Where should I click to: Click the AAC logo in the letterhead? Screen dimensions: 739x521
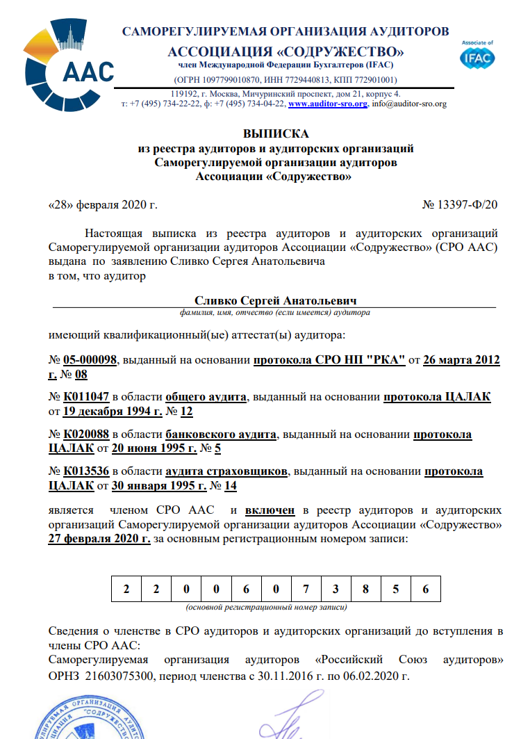(x=67, y=60)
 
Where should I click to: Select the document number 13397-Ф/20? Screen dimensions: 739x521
(x=466, y=206)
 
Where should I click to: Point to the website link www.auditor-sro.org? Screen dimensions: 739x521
(x=327, y=104)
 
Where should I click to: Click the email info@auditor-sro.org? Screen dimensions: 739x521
(x=409, y=104)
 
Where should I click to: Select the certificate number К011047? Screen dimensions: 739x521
(x=86, y=397)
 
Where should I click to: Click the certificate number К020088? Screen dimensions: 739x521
(x=86, y=435)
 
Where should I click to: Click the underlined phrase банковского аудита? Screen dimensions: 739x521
(x=222, y=435)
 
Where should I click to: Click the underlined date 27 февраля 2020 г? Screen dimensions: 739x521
(x=99, y=539)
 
